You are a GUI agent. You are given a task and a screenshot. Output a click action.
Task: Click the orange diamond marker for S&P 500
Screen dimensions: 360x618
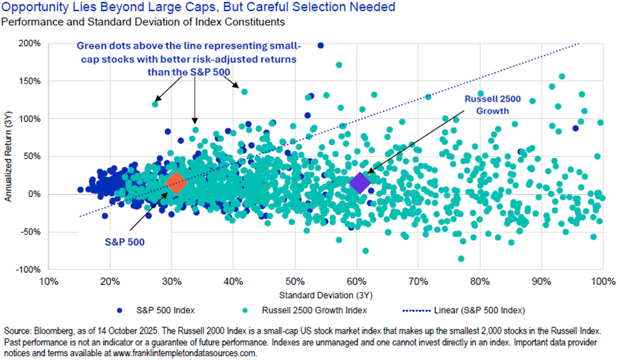coord(175,183)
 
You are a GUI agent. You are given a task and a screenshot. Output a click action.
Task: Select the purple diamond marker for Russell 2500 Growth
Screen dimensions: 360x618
coord(360,183)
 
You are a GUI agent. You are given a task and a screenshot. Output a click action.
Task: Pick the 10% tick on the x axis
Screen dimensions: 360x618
coord(47,282)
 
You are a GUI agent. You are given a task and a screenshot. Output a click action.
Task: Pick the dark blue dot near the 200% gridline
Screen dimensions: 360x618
coord(321,45)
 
